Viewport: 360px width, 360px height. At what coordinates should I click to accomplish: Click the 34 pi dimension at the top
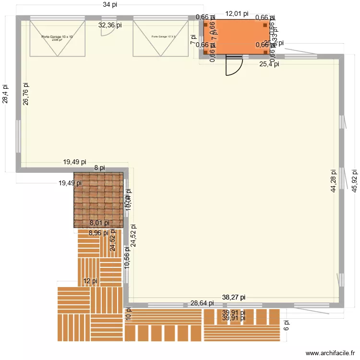click(110, 5)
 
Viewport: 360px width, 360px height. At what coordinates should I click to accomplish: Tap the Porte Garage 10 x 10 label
click(57, 37)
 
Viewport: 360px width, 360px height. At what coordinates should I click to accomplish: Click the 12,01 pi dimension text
click(237, 14)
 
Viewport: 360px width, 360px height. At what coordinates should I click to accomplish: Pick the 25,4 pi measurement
click(269, 63)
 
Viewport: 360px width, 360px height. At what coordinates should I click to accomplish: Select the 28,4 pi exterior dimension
click(5, 94)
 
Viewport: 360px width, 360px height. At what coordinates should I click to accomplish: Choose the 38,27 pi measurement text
click(234, 297)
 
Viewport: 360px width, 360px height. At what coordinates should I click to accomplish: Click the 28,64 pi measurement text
click(202, 303)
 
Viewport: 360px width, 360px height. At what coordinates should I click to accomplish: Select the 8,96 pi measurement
click(99, 233)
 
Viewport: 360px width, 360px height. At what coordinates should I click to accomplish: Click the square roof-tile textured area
click(98, 199)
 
